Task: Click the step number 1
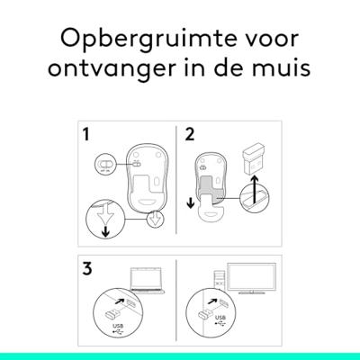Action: [x=86, y=134]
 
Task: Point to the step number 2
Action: [x=190, y=134]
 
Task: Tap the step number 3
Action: [x=87, y=268]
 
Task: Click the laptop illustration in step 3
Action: [x=147, y=280]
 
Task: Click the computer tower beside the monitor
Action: [x=220, y=280]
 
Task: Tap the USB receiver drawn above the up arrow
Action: [x=254, y=160]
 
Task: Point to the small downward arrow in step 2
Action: [x=190, y=204]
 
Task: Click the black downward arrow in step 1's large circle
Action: [x=105, y=232]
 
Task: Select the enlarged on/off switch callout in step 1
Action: [x=105, y=165]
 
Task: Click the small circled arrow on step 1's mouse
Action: [x=156, y=218]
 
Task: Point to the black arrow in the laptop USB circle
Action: [x=120, y=300]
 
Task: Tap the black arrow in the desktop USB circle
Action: [x=212, y=301]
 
